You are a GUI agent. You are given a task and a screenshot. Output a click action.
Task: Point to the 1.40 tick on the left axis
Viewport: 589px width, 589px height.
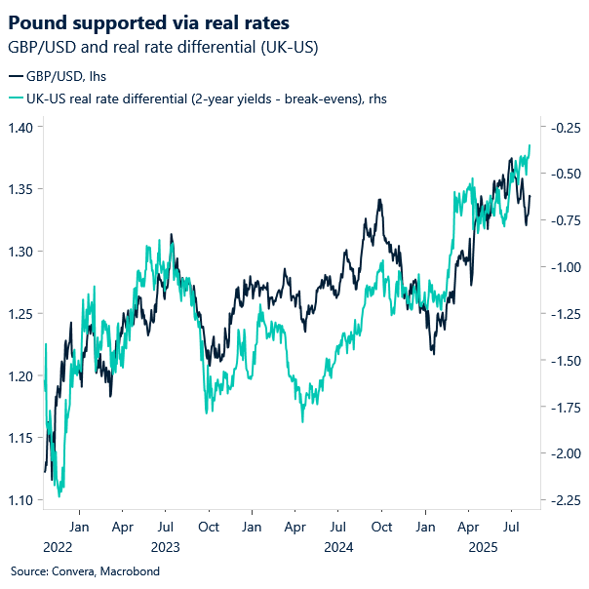pos(22,127)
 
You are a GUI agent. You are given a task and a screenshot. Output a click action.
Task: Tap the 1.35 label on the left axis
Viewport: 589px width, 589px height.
pos(22,189)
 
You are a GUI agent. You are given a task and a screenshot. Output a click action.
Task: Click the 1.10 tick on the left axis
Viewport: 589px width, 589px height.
pos(22,500)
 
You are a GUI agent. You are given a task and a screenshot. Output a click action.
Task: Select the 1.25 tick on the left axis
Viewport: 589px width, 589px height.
pos(22,314)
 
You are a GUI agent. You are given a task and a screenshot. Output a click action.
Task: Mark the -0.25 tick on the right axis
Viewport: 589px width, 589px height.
pos(560,127)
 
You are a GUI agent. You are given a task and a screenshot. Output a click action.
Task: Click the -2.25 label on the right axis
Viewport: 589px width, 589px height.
pos(560,500)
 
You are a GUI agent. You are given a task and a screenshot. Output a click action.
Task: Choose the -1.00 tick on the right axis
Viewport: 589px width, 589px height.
pos(560,267)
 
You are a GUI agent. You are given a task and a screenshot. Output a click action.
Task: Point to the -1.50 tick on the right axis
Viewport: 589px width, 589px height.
pos(560,361)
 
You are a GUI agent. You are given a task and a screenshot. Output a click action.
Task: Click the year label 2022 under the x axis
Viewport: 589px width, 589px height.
pos(58,548)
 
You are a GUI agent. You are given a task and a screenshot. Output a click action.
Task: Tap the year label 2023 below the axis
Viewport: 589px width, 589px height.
pos(165,548)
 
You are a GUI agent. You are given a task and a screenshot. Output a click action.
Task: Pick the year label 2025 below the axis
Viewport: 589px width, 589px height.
pos(485,548)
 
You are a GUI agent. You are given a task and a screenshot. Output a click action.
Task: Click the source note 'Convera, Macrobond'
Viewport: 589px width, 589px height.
pos(85,571)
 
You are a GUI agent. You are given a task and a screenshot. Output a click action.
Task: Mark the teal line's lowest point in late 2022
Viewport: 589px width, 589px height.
pos(60,495)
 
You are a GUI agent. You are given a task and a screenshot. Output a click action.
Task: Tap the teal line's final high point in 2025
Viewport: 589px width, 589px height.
pos(530,145)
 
